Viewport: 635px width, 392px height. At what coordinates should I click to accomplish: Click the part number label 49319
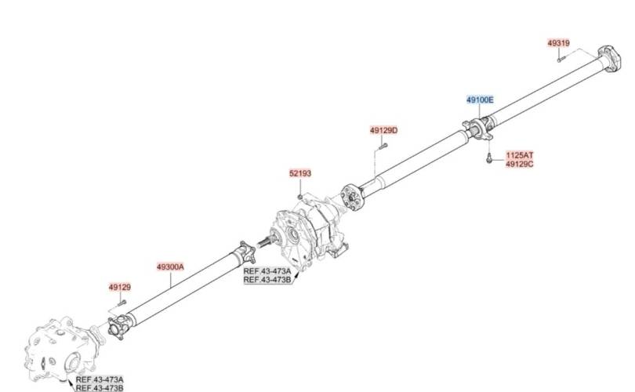pos(558,43)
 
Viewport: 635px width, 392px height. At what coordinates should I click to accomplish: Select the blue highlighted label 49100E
pos(480,100)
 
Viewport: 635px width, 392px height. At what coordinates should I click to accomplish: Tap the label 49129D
pos(383,130)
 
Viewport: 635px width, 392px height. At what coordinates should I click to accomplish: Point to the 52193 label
pos(300,173)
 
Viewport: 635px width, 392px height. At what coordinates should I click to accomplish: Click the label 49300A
pos(170,267)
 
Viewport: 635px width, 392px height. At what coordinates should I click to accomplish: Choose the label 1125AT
pos(520,155)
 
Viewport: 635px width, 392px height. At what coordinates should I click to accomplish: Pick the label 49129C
pos(520,164)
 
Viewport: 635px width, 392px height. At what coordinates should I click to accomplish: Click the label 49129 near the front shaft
pos(119,287)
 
